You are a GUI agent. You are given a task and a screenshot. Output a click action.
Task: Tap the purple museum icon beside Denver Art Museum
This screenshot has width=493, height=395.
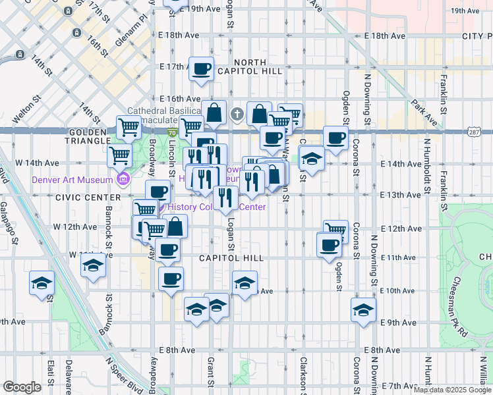122,179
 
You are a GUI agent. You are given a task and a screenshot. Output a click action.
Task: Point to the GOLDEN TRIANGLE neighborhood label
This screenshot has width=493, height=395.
88,136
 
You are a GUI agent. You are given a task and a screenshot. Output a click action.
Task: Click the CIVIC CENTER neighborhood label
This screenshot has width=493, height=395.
89,197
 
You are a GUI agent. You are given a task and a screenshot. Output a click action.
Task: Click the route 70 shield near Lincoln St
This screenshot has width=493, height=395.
171,133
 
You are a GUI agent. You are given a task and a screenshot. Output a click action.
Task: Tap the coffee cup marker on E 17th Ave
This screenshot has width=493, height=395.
202,68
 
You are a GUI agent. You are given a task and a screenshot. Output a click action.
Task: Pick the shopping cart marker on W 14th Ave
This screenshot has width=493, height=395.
119,156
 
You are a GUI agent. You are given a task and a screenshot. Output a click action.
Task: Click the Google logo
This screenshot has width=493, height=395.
22,387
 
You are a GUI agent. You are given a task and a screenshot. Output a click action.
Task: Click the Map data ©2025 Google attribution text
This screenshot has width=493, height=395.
452,390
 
